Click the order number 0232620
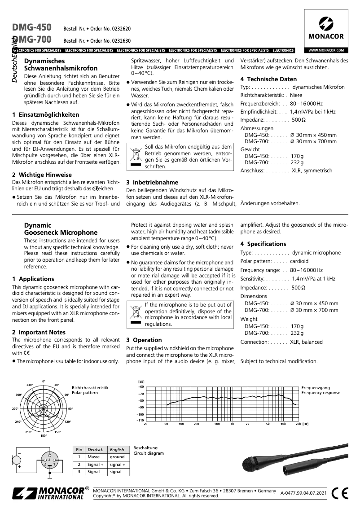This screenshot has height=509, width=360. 120,28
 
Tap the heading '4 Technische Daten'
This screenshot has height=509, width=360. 268,79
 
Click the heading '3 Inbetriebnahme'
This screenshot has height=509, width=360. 152,183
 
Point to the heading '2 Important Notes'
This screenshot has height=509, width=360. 39,332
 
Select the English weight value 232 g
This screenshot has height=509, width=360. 297,333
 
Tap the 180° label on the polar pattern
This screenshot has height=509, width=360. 44,436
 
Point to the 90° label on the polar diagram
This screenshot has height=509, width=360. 70,408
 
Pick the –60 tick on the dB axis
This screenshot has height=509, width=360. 141,386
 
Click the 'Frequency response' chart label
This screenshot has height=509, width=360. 320,393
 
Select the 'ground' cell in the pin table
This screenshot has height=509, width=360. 117,456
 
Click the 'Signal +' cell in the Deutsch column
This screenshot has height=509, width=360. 95,465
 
